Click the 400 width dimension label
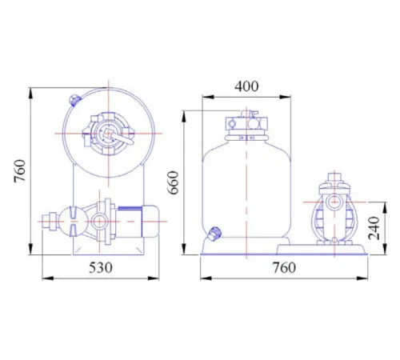pyautogui.click(x=246, y=86)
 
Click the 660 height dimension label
pyautogui.click(x=174, y=183)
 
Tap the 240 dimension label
pyautogui.click(x=374, y=228)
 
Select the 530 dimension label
pyautogui.click(x=101, y=267)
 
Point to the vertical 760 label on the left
pyautogui.click(x=20, y=171)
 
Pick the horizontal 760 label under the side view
pyautogui.click(x=284, y=267)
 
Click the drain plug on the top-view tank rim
pyautogui.click(x=74, y=100)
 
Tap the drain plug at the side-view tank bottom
pyautogui.click(x=214, y=234)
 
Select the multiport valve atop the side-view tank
pyautogui.click(x=246, y=123)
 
